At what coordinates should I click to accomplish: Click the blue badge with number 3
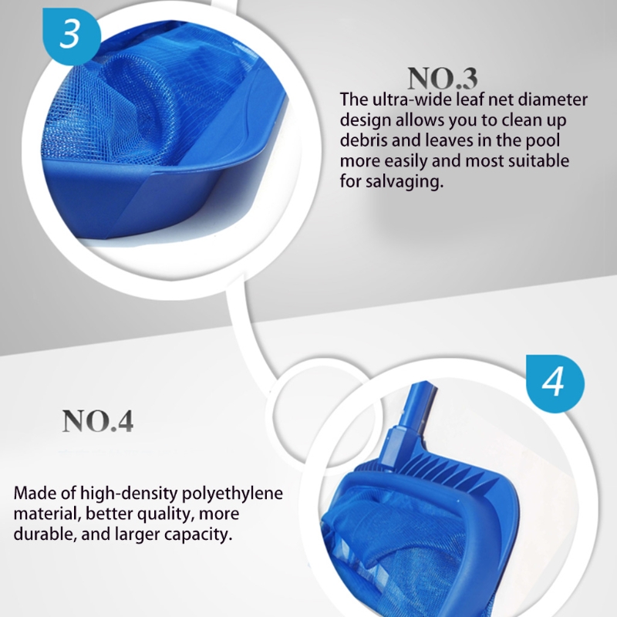click(x=71, y=35)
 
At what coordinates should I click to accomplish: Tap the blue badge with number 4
click(x=555, y=383)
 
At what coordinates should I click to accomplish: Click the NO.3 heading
click(x=442, y=78)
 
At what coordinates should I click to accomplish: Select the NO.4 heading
click(x=98, y=421)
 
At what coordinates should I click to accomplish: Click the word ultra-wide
click(x=411, y=99)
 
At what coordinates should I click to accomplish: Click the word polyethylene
click(x=231, y=494)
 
